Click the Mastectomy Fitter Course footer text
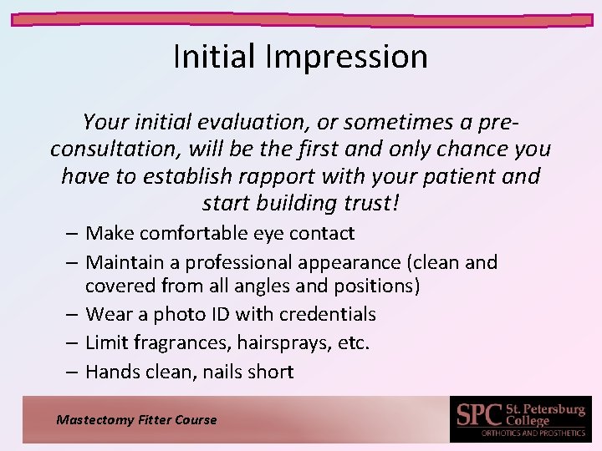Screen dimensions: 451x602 pos(136,420)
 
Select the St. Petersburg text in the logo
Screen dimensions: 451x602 pos(547,409)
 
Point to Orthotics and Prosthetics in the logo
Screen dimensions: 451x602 pos(533,433)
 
